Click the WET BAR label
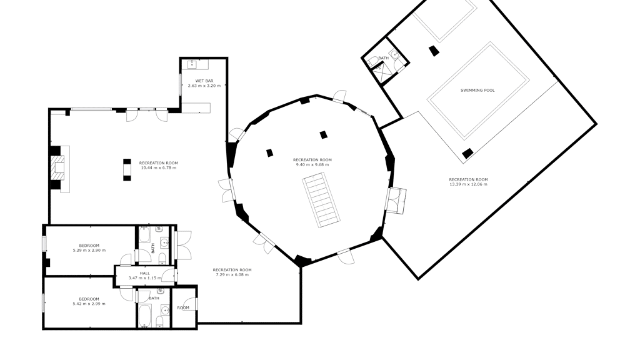point(204,81)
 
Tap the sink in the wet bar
point(192,64)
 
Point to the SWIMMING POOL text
point(477,90)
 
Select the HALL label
point(145,274)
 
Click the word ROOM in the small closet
point(183,307)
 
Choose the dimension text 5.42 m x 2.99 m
point(89,304)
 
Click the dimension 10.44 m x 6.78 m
point(158,167)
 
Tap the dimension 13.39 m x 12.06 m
point(468,184)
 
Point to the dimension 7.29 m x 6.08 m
point(232,275)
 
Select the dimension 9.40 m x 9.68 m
point(312,164)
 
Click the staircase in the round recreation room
point(322,199)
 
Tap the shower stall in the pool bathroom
point(382,74)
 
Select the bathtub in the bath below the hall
point(145,316)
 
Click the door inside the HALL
point(168,275)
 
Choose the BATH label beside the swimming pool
point(384,58)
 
